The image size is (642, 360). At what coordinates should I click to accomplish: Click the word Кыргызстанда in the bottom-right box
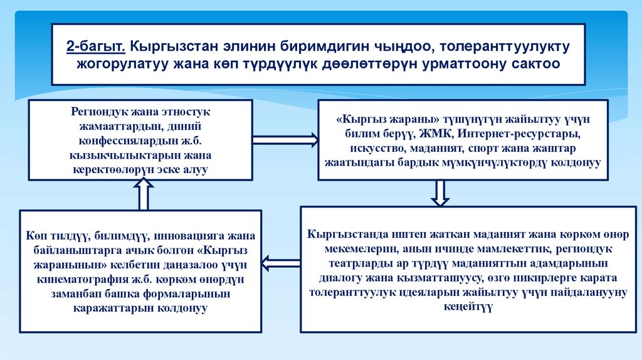[342, 233]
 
